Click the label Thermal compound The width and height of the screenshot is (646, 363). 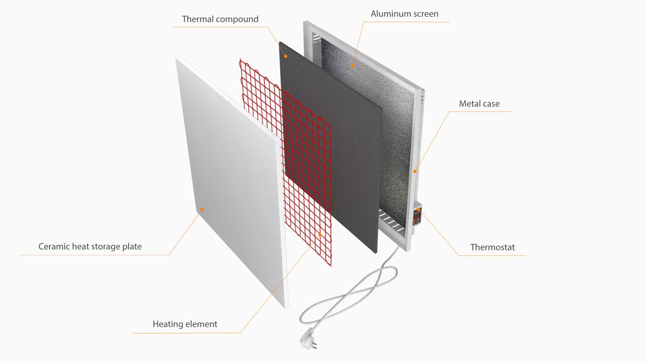coord(220,19)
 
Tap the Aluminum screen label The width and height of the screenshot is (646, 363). coord(404,14)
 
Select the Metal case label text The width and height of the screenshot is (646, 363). coord(479,103)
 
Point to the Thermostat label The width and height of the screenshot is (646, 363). coord(493,247)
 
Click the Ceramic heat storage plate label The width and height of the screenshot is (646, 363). coord(90,247)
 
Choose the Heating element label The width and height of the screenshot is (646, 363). coord(185,324)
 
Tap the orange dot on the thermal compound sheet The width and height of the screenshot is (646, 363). coord(285,56)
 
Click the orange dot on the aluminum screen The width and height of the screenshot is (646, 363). coord(352,66)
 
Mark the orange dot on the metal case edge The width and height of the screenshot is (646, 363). coord(415,171)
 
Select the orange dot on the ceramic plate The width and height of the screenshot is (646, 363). coord(202,210)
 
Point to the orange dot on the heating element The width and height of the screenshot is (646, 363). coord(320,235)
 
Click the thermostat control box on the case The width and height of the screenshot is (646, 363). coord(417,215)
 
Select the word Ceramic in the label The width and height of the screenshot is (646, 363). coord(54,247)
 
